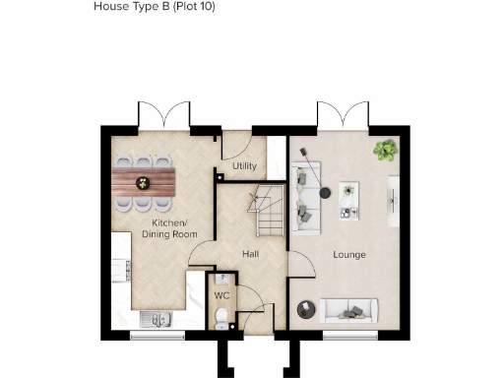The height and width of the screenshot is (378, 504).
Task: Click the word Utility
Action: [x=245, y=166]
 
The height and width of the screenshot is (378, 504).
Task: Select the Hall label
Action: [x=251, y=254]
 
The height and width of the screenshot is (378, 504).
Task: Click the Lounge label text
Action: [x=348, y=255]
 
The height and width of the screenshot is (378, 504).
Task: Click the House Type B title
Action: [x=154, y=6]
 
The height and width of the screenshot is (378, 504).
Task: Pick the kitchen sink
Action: [x=154, y=317]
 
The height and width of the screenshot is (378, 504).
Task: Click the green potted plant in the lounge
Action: [x=383, y=150]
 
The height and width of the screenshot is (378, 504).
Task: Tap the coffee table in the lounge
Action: [x=348, y=199]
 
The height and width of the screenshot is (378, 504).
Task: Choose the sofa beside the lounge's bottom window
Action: [x=349, y=311]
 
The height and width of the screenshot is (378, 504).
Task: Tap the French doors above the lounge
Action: [x=343, y=116]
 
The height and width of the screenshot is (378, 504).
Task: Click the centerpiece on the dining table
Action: [x=140, y=181]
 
